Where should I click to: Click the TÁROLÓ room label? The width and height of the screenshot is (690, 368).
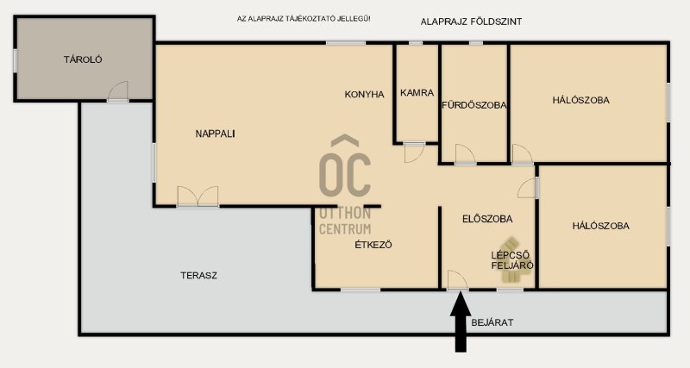click(83, 59)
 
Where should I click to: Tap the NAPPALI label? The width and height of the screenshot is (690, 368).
click(215, 134)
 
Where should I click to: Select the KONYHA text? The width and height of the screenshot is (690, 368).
click(364, 94)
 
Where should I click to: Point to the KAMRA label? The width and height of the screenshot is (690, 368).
click(417, 93)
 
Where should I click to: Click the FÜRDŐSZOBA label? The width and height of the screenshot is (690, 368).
click(474, 105)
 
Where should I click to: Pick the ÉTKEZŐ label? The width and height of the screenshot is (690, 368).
click(373, 245)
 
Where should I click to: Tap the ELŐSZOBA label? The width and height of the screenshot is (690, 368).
click(487, 219)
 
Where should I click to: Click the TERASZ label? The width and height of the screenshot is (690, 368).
click(198, 276)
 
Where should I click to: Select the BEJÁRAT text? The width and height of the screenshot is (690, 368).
click(492, 322)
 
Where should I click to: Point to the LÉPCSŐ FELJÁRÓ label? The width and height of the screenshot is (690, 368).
click(512, 260)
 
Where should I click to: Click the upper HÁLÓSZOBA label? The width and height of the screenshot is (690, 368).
click(580, 100)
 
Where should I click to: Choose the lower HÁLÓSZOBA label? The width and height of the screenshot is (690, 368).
click(600, 226)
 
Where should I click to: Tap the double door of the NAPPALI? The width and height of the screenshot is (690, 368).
click(198, 196)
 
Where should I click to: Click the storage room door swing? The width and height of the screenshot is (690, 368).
click(118, 91)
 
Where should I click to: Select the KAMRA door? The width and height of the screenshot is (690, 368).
click(414, 153)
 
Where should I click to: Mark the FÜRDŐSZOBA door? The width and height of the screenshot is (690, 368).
click(465, 154)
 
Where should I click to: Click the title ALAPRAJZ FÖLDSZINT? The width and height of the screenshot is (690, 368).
click(471, 22)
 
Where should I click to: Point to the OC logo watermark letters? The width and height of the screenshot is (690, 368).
click(345, 166)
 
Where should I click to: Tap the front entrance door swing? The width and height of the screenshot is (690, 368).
click(458, 280)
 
